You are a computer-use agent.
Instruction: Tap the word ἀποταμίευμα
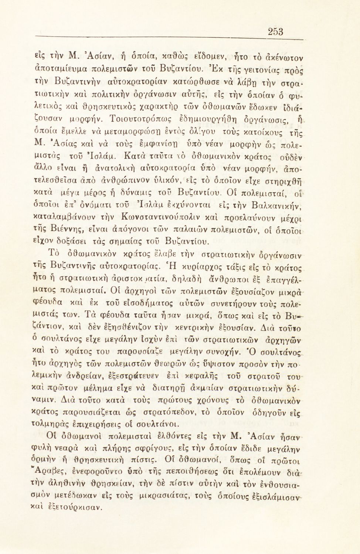click(60, 68)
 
